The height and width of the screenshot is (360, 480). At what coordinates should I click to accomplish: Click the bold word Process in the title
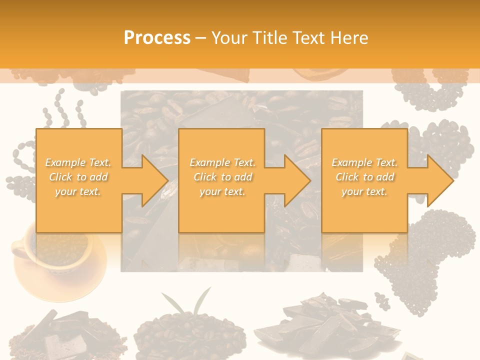(x=157, y=38)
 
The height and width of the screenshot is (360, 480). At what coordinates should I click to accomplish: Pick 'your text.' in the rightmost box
(x=364, y=191)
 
